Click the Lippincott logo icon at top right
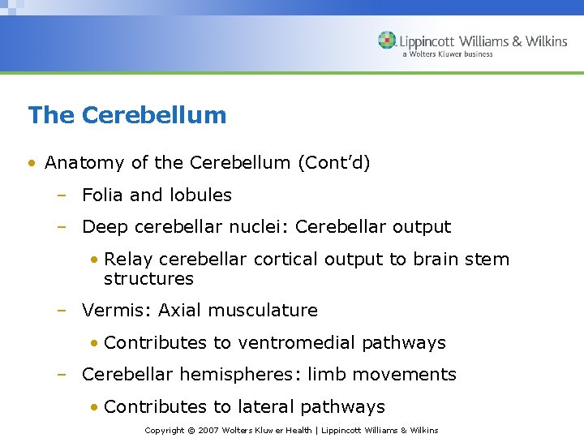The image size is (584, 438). click(387, 41)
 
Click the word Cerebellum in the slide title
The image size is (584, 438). click(154, 115)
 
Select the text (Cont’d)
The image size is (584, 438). click(333, 163)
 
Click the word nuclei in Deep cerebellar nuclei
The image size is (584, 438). click(262, 228)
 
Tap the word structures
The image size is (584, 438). click(148, 279)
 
